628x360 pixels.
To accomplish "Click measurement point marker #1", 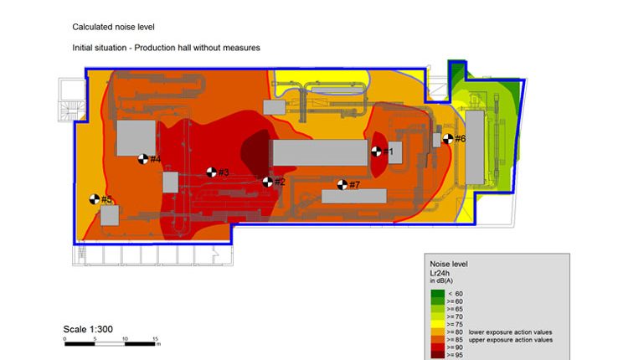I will (377, 152).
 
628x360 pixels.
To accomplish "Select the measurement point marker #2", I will (268, 182).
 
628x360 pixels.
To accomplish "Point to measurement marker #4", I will (143, 159).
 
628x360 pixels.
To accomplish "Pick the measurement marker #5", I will (94, 199).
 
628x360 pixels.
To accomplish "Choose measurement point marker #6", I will (448, 138).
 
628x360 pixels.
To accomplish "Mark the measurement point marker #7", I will (342, 184).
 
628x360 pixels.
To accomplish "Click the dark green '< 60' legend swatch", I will (437, 294).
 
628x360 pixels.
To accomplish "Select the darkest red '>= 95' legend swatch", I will (437, 354).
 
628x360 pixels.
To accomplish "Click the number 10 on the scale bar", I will (126, 338).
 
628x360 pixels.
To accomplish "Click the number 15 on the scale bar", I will (155, 338).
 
